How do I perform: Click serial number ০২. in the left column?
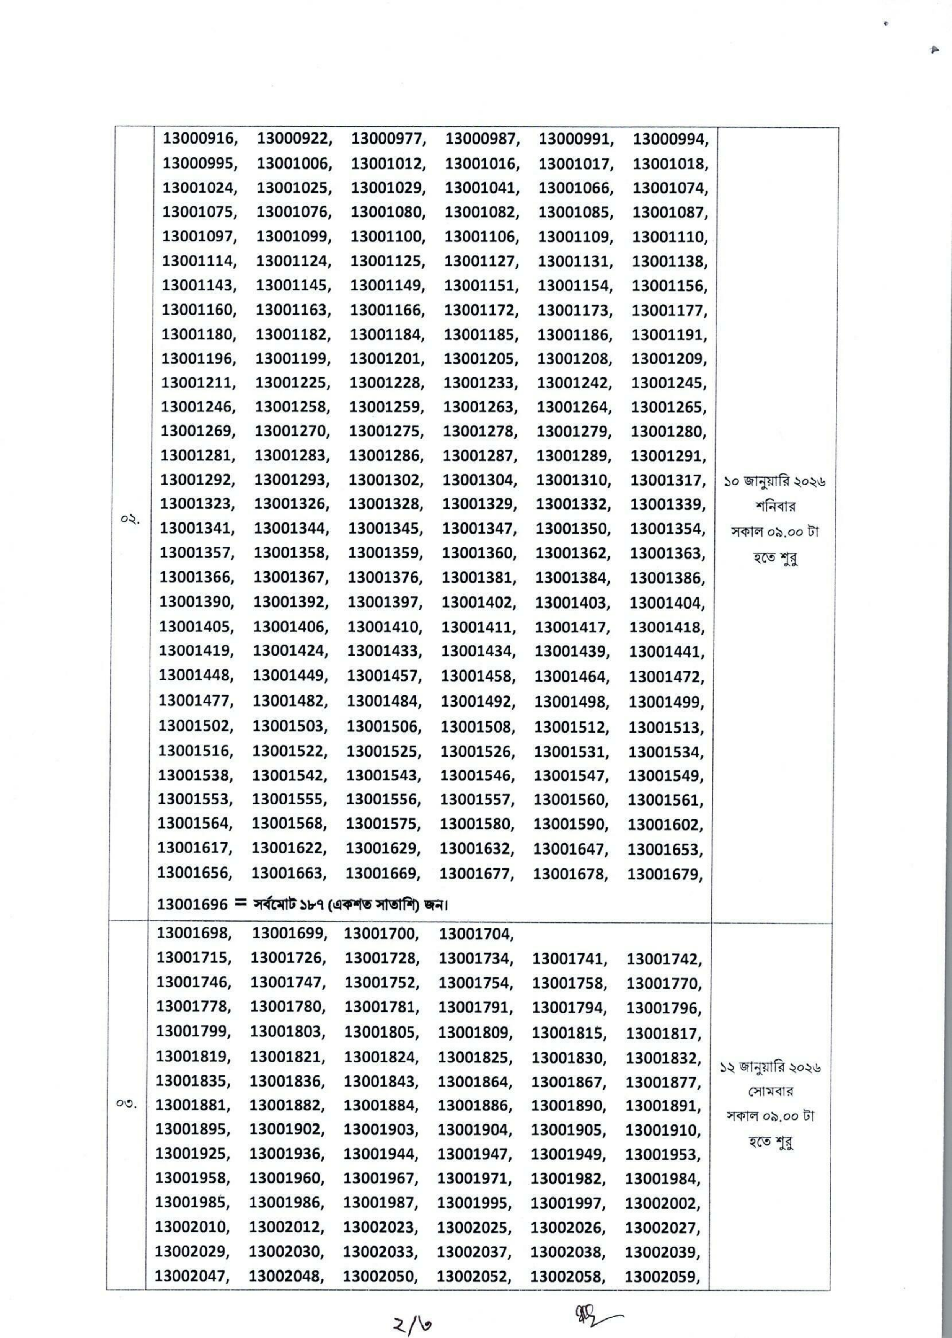click(130, 519)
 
